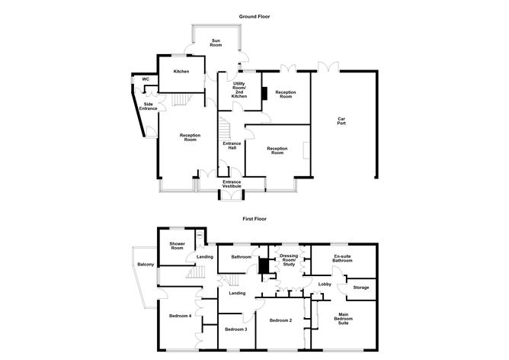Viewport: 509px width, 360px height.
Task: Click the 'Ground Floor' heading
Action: coord(254,16)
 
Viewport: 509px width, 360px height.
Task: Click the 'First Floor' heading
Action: coord(254,217)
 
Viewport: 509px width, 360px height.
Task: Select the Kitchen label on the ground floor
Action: coord(181,72)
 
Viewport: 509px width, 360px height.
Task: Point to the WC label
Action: coord(144,79)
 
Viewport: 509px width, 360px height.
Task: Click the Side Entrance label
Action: coord(148,106)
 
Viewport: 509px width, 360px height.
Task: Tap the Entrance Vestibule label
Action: coord(232,184)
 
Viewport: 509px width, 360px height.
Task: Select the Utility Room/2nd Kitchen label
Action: coord(239,90)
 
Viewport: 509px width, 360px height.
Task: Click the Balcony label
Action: coord(146,265)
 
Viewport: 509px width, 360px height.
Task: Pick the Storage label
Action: coord(360,288)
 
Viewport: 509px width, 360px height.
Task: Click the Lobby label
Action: coord(323,286)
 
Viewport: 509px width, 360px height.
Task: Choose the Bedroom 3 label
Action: coord(235,329)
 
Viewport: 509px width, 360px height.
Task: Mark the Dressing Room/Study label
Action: coord(288,260)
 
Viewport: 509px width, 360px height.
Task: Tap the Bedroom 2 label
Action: coord(280,320)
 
